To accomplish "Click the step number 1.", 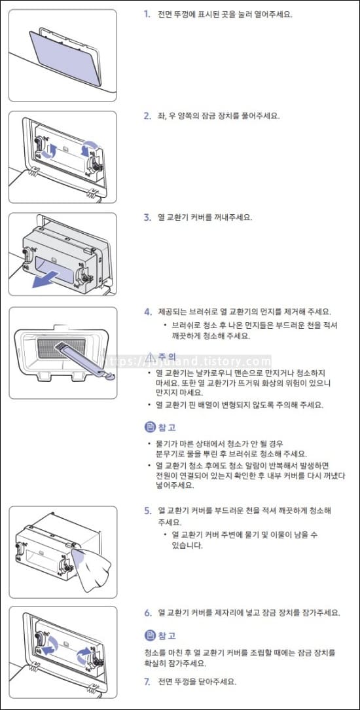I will point(147,14).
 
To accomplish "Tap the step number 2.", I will point(147,116).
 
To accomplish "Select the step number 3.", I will point(147,217).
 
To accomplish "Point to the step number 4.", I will point(147,312).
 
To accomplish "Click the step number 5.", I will point(147,510).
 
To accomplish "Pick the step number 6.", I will point(147,612).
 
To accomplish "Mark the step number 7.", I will point(147,681).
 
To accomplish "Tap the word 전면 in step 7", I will point(166,681).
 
